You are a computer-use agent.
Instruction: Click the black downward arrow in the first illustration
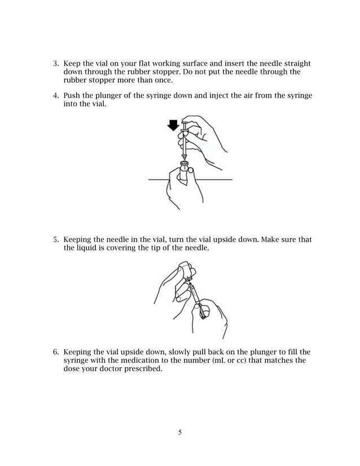(x=173, y=124)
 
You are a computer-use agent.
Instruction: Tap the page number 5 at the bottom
(x=180, y=433)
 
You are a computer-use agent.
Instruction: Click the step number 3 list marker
(x=55, y=64)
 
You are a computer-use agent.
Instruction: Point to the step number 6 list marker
(x=55, y=351)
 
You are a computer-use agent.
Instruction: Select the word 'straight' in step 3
(x=296, y=64)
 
